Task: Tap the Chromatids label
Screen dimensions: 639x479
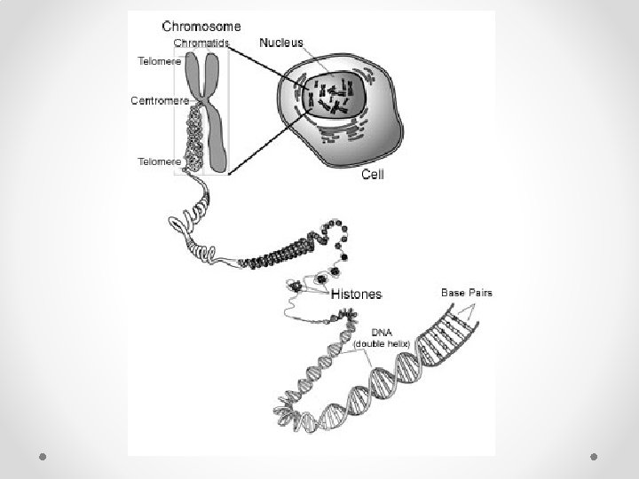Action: tap(201, 43)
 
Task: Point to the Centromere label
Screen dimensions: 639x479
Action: tap(159, 100)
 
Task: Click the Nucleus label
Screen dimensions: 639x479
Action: tap(280, 42)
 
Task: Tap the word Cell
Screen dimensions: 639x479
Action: tap(373, 176)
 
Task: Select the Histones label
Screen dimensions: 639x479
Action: tap(357, 294)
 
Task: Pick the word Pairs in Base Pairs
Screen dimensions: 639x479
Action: tap(480, 292)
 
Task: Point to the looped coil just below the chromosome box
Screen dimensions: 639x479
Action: tap(192, 223)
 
